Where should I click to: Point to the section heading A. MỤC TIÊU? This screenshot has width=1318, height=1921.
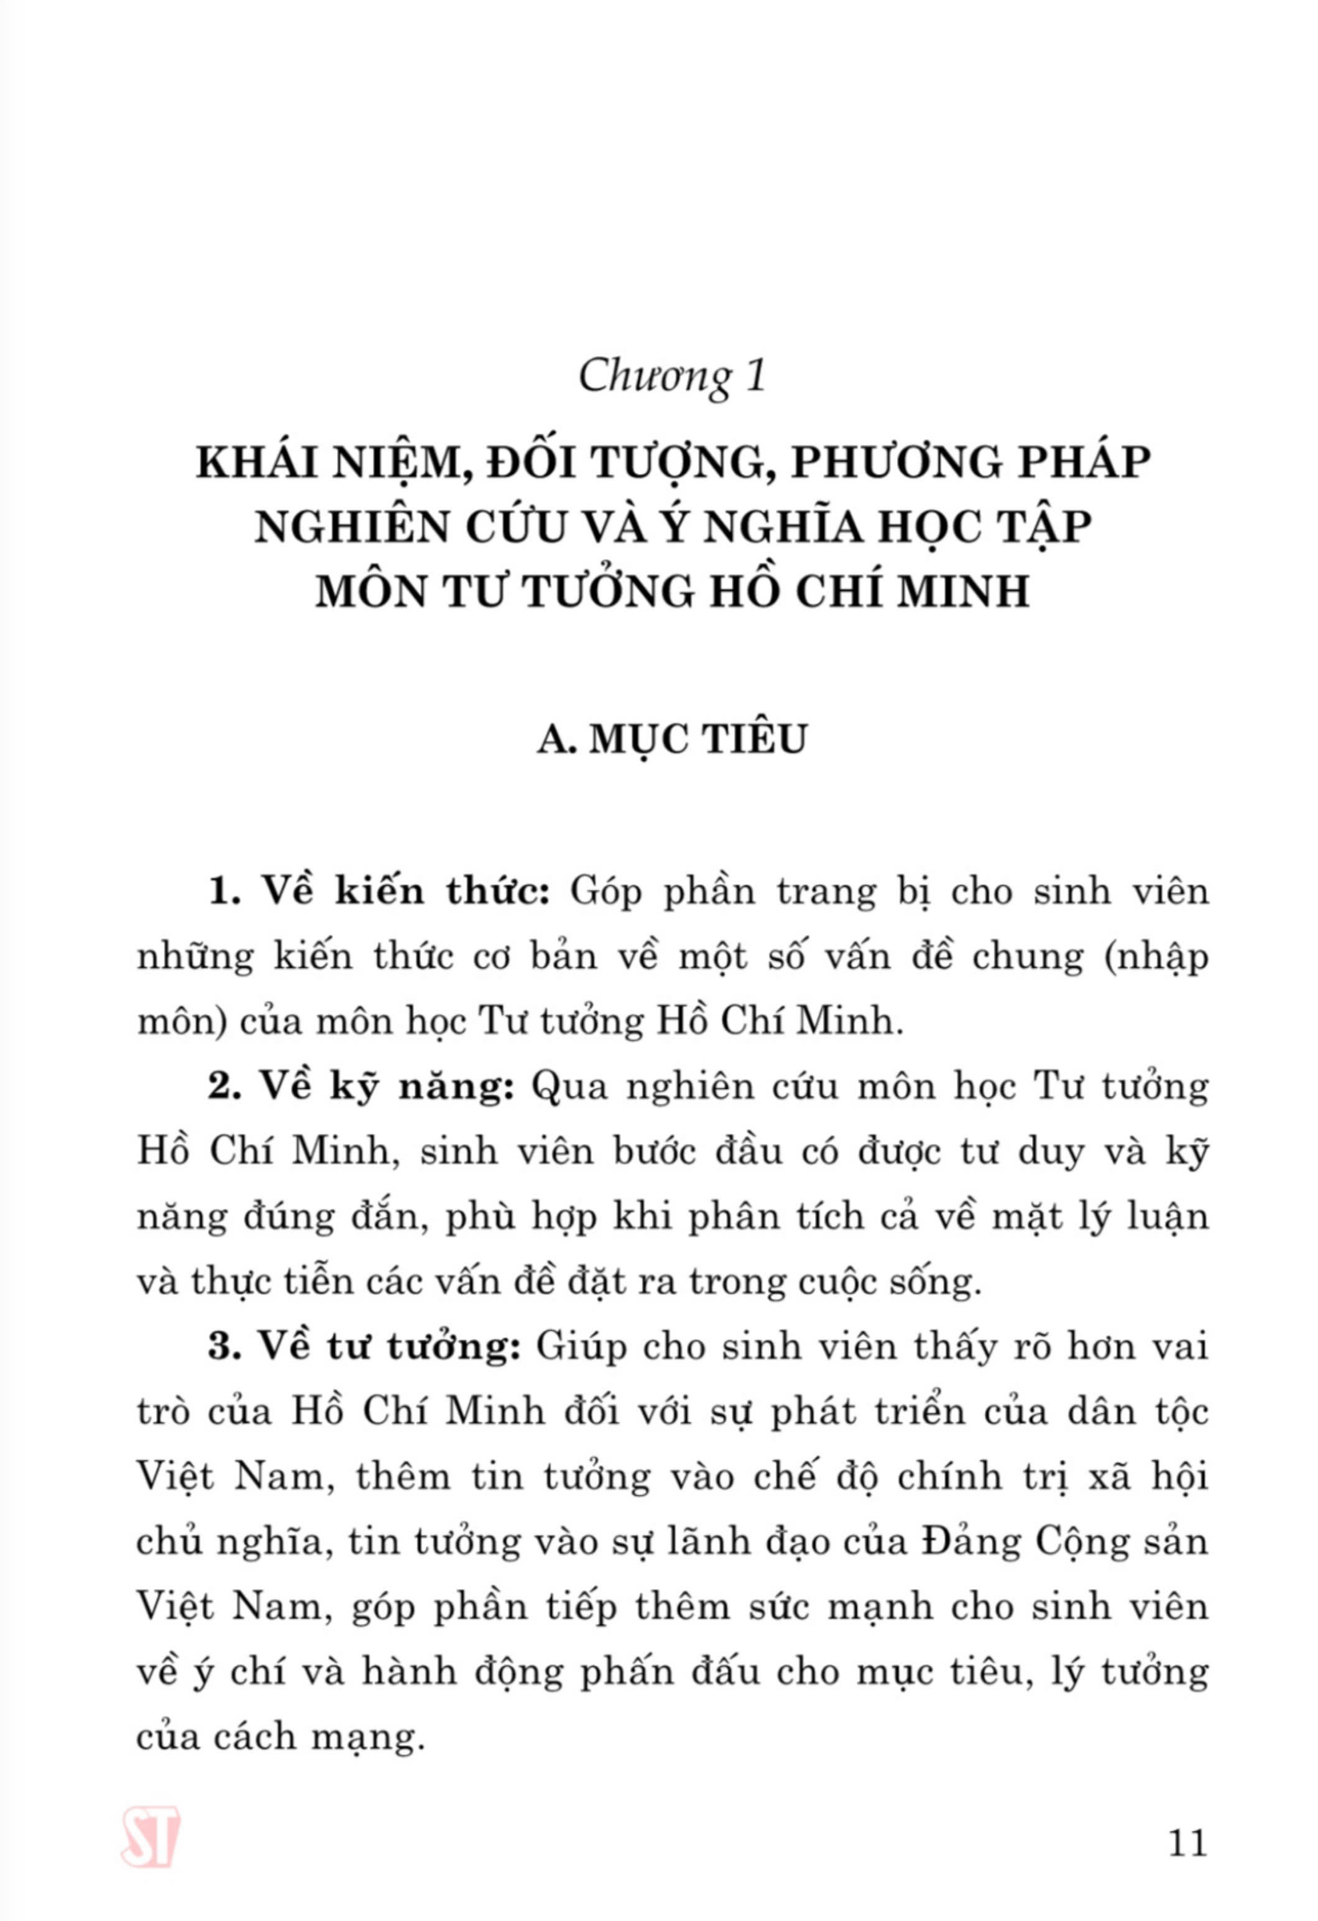click(671, 740)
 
